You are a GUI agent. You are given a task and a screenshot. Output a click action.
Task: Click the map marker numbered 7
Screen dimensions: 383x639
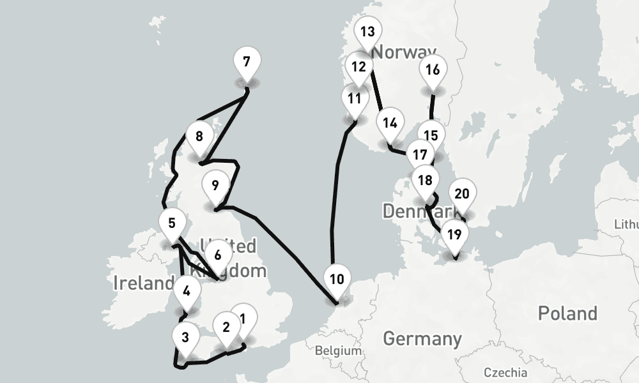click(x=247, y=63)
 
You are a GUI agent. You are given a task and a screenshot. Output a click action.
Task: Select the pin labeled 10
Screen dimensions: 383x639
click(x=337, y=280)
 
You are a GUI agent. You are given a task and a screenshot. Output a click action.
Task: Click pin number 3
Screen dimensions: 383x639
click(x=185, y=336)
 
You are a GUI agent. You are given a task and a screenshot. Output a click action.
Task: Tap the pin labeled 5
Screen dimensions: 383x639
click(x=172, y=223)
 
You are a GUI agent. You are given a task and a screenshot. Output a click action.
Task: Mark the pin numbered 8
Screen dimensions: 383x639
click(x=199, y=137)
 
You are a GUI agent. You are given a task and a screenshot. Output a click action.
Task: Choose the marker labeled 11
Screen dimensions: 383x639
click(x=355, y=99)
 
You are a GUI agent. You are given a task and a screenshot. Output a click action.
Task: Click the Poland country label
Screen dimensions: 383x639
click(x=567, y=313)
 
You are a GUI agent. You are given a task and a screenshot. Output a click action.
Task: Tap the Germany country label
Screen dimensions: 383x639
click(x=422, y=338)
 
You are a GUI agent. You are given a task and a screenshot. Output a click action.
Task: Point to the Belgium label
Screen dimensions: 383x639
click(x=339, y=350)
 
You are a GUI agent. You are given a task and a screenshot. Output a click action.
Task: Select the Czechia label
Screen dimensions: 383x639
click(x=505, y=372)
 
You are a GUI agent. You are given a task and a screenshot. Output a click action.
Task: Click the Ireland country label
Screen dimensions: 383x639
click(x=142, y=283)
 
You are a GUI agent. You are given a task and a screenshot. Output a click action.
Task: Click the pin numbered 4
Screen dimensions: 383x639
click(x=187, y=292)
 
